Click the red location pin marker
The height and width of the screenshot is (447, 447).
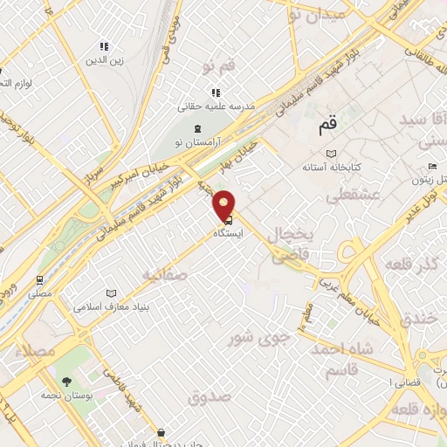tap(225, 204)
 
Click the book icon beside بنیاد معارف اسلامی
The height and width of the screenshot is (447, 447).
tap(110, 294)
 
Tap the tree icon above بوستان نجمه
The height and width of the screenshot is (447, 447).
tap(65, 382)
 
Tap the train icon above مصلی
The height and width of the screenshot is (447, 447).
tap(40, 280)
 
